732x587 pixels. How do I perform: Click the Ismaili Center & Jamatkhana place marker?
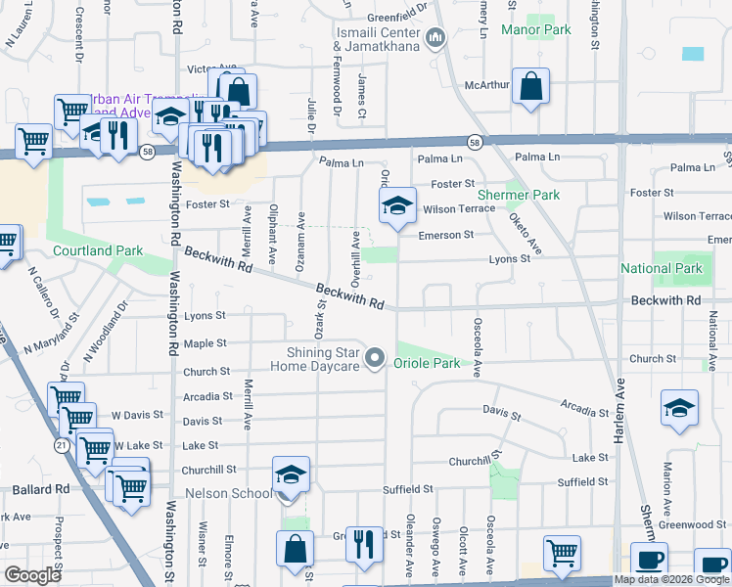click(x=435, y=39)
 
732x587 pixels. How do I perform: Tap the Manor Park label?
click(x=535, y=30)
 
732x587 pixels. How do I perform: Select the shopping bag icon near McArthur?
click(x=529, y=86)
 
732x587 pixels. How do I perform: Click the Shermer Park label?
click(x=532, y=195)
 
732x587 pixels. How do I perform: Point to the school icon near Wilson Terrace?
click(x=396, y=205)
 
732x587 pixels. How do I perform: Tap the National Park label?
click(x=662, y=268)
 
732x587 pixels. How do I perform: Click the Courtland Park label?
click(x=84, y=250)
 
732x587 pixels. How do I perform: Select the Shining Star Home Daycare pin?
click(x=373, y=360)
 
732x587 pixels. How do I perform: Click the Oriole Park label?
click(x=427, y=363)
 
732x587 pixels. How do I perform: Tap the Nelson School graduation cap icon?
click(x=291, y=474)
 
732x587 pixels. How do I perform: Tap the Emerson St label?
click(x=446, y=235)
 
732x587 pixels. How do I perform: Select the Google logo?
click(x=32, y=575)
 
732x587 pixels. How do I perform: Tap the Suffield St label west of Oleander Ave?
click(x=408, y=488)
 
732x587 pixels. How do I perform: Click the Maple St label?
click(x=206, y=343)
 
